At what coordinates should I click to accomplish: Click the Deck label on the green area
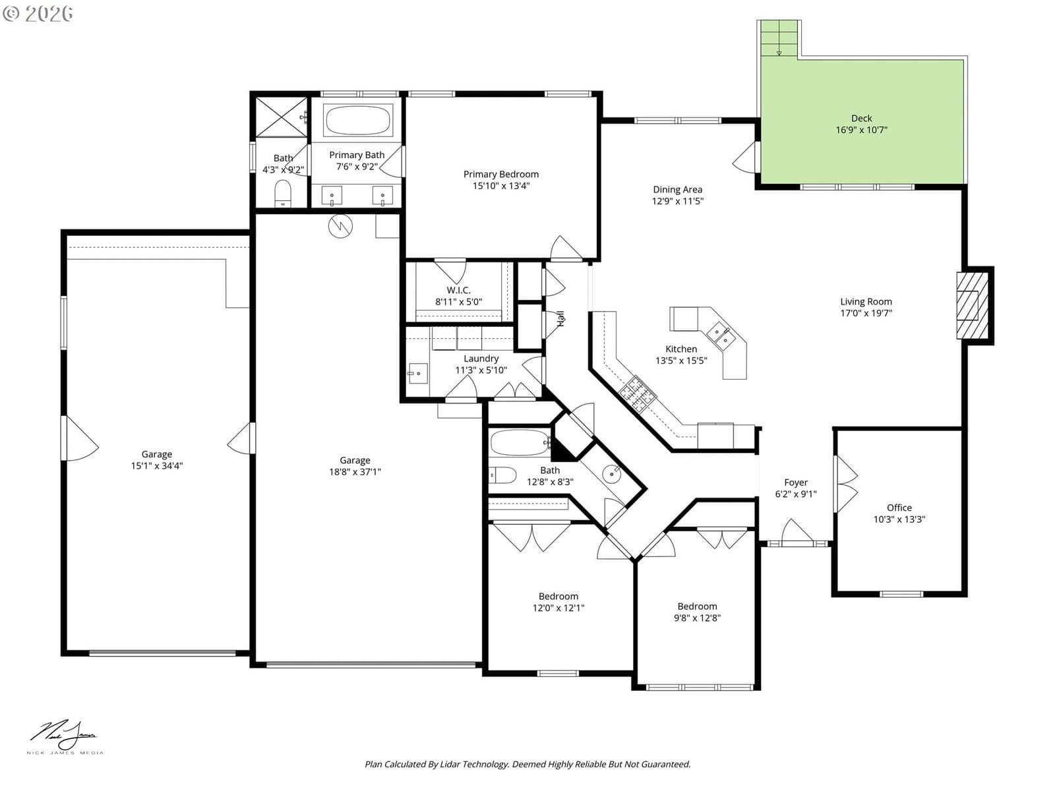[861, 118]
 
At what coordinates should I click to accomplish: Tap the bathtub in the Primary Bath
[358, 120]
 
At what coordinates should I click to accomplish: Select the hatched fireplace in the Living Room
[972, 305]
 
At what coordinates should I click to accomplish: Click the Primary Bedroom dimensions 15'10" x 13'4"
[501, 186]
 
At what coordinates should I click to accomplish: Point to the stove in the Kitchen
[638, 394]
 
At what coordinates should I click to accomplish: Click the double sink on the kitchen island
[721, 336]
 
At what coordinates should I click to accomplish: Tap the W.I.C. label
[458, 290]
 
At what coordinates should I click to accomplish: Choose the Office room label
[899, 508]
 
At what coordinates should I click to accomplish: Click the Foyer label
[795, 483]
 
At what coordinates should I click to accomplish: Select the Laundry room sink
[417, 373]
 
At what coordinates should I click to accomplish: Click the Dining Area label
[677, 189]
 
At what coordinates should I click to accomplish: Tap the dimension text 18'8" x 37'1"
[355, 471]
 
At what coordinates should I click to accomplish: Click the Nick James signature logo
[65, 735]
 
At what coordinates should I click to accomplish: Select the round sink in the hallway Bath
[611, 474]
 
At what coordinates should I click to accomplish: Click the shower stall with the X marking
[281, 117]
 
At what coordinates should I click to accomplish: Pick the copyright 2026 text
[38, 13]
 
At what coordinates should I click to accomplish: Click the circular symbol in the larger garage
[340, 225]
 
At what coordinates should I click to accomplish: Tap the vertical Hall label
[560, 319]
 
